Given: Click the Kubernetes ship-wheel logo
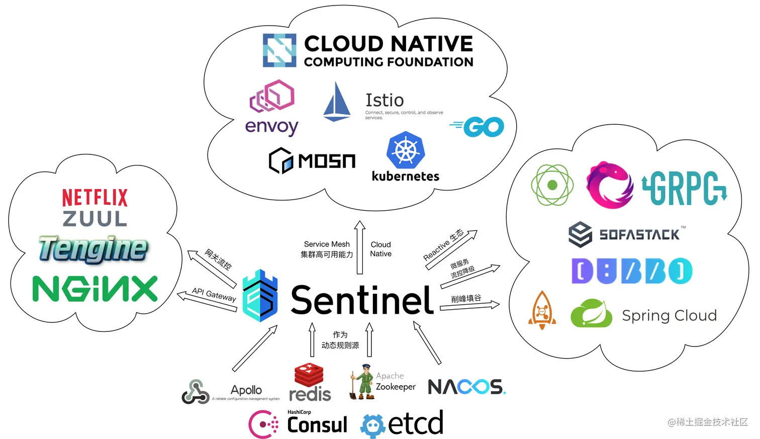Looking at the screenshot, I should (x=405, y=150).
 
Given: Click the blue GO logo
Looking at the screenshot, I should (x=478, y=127).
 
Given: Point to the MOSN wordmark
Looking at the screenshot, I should (x=327, y=161).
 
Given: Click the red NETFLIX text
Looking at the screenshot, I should (x=94, y=198).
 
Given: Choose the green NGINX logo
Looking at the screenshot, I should (x=95, y=289).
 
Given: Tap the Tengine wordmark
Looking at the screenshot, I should (x=93, y=248).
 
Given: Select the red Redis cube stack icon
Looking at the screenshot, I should (x=309, y=375).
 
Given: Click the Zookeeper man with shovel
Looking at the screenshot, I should (x=362, y=382).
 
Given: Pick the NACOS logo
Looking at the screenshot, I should (x=466, y=387).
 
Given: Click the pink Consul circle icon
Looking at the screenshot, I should (x=263, y=424).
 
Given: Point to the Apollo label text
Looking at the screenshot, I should (x=246, y=390).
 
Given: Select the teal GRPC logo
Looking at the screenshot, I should (x=684, y=188).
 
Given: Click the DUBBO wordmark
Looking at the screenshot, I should (x=631, y=271).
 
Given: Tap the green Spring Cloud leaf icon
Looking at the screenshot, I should (x=591, y=314).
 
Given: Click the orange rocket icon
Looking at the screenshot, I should (x=542, y=310).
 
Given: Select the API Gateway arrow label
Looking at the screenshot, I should (x=214, y=294).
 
